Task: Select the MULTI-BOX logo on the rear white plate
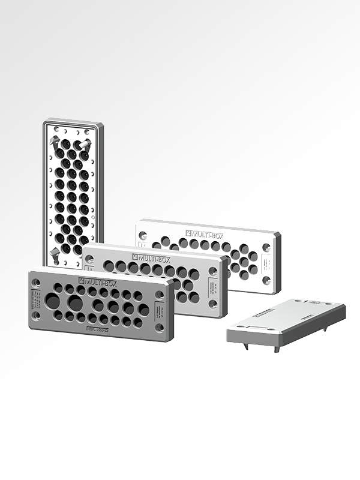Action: coord(207,233)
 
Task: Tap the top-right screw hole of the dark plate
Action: coord(160,295)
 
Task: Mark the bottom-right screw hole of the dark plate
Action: coord(160,328)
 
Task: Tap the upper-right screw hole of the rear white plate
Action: coord(267,247)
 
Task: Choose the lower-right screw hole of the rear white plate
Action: coord(266,280)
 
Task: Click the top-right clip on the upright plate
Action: coord(86,144)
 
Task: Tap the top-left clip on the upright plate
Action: coord(55,142)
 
